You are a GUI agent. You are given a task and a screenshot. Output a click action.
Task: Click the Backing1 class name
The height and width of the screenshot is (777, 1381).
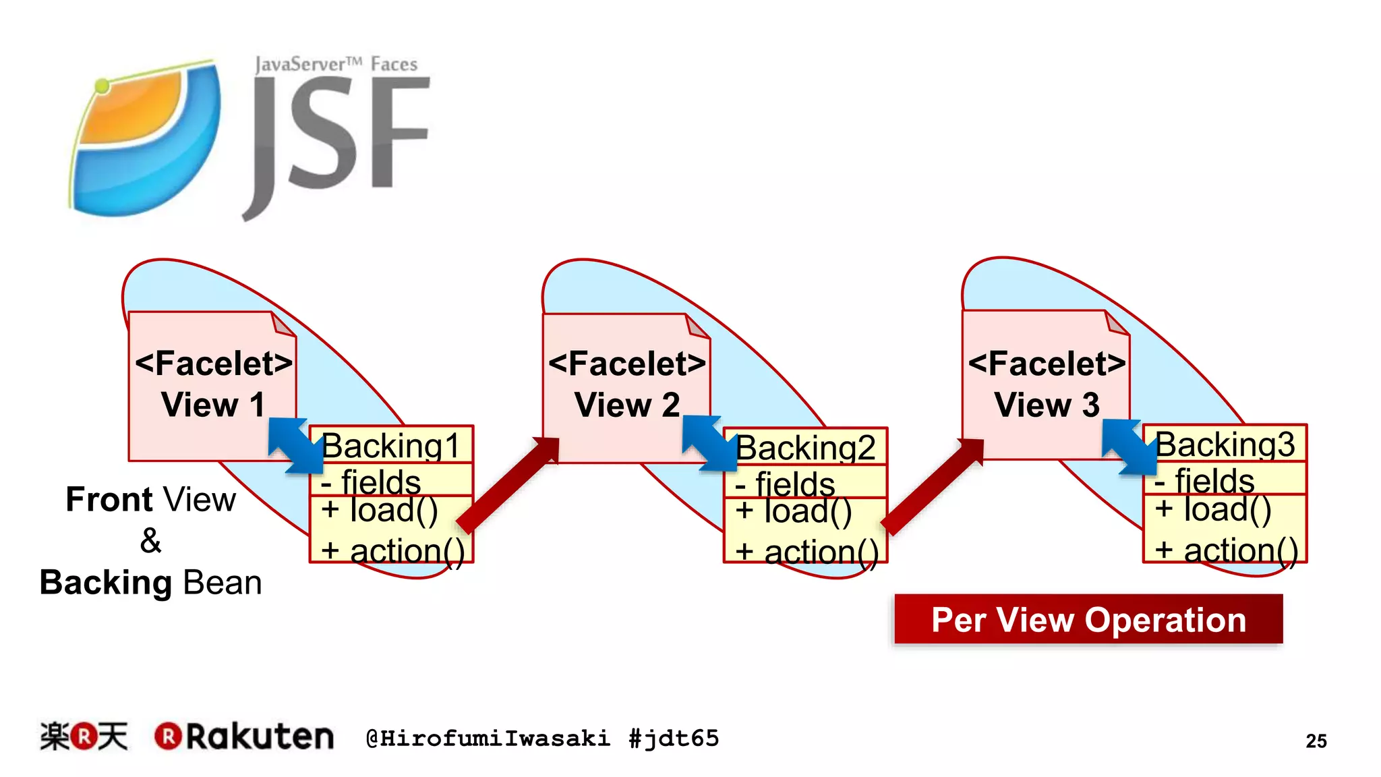coord(391,446)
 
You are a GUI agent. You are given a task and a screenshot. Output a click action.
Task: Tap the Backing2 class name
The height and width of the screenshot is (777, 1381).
coord(806,448)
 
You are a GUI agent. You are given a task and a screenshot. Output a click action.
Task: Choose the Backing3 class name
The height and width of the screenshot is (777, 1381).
coord(1225,444)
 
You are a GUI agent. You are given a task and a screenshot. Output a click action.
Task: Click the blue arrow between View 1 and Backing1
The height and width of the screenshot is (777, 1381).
coord(295,444)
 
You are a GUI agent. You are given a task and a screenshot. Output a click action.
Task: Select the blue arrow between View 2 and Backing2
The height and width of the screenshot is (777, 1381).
coord(709,442)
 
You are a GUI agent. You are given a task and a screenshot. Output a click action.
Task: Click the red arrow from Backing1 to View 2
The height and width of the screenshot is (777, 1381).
coord(509,484)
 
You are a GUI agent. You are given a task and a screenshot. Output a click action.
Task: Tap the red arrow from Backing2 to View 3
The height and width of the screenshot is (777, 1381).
coord(933,486)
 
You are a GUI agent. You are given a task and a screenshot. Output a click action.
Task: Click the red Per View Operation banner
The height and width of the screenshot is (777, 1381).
coord(1088,619)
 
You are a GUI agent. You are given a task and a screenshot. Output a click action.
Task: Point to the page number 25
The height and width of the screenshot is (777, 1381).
coord(1316,741)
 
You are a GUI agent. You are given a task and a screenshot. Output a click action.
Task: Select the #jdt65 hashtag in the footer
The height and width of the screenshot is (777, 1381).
coord(674,738)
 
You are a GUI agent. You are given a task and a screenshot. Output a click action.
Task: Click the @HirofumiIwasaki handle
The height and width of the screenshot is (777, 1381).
coord(488,738)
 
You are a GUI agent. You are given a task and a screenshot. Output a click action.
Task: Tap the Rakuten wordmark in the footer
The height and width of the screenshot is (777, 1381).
coord(244,736)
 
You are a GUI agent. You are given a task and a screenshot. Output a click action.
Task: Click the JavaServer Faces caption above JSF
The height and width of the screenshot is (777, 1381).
coord(336,64)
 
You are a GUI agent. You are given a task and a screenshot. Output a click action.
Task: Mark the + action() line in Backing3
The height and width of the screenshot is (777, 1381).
coord(1226,549)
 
